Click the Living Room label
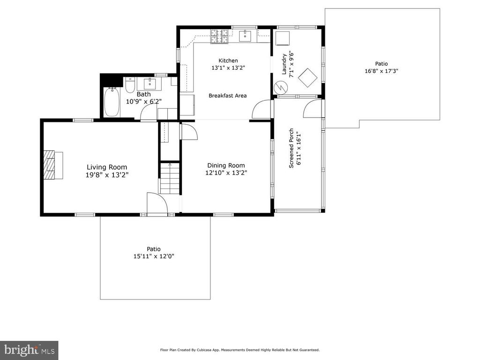(107, 167)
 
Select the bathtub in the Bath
(111, 102)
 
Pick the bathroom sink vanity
(150, 84)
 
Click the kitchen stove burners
(219, 36)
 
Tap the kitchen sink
(245, 36)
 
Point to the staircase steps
(170, 179)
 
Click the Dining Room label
(226, 165)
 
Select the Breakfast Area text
(227, 96)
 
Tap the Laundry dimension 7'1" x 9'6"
(292, 65)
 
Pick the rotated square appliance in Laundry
(307, 78)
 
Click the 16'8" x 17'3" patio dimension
(382, 71)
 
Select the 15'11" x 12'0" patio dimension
(154, 256)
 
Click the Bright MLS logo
(29, 350)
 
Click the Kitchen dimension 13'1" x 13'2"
(228, 67)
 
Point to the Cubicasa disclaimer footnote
(240, 350)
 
